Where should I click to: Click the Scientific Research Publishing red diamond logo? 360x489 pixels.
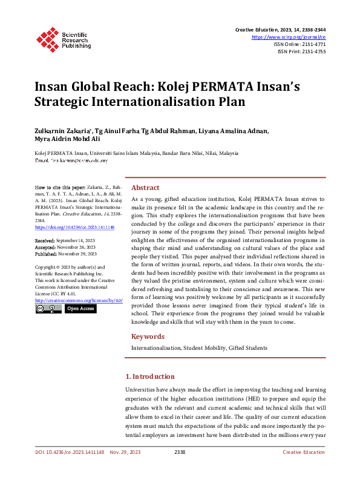pyautogui.click(x=47, y=38)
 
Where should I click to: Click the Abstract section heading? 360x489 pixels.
pyautogui.click(x=145, y=188)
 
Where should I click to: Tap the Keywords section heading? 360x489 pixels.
pyautogui.click(x=148, y=336)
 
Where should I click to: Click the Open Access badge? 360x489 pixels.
pyautogui.click(x=80, y=309)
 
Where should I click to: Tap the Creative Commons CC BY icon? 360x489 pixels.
pyautogui.click(x=48, y=309)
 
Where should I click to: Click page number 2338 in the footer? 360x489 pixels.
pyautogui.click(x=180, y=451)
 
